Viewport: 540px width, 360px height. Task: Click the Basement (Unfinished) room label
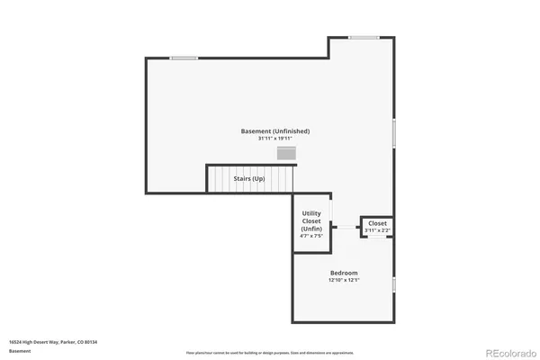[275, 131]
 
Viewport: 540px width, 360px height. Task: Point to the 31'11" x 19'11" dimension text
[275, 139]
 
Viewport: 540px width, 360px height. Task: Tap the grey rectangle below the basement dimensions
[286, 154]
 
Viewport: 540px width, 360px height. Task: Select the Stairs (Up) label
[248, 178]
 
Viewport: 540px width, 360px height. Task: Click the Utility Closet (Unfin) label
[311, 220]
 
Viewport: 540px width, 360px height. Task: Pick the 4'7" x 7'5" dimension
[311, 236]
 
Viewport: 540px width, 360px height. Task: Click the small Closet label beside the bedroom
[377, 223]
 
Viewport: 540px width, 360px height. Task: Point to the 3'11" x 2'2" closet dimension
[377, 230]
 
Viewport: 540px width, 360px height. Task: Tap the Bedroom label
[344, 273]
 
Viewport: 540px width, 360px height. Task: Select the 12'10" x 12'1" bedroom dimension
[344, 280]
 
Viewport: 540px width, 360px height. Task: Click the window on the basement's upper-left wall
[184, 58]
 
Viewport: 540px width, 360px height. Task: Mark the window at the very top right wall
[363, 37]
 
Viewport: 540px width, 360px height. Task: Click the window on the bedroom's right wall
[394, 284]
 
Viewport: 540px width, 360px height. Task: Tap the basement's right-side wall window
[394, 133]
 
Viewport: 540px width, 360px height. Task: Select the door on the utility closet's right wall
[331, 209]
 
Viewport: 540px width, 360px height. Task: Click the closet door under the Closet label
[377, 238]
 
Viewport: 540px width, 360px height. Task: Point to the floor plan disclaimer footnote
[270, 353]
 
